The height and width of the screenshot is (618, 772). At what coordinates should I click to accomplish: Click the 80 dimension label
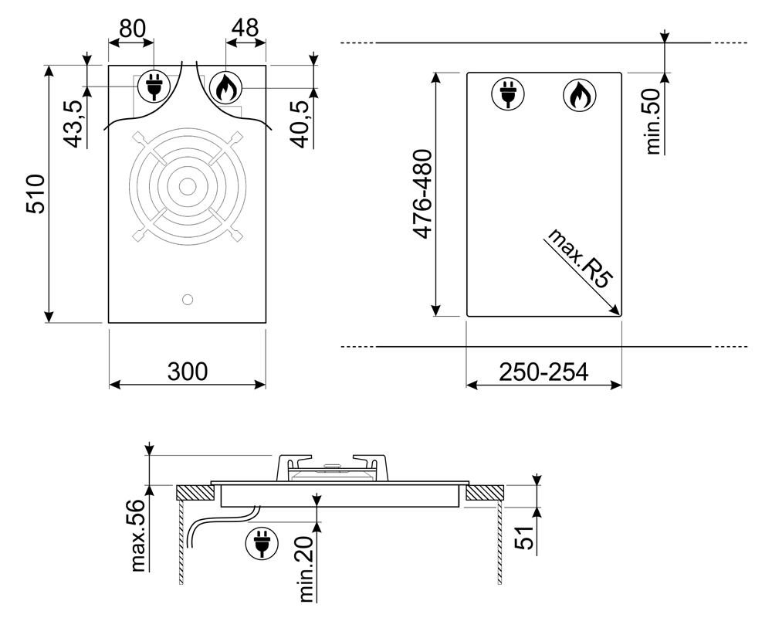tap(133, 29)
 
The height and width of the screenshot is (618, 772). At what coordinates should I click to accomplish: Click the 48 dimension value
tap(245, 28)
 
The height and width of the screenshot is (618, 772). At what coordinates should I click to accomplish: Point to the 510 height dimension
tap(36, 194)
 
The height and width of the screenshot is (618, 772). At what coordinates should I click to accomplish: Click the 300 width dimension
tap(188, 372)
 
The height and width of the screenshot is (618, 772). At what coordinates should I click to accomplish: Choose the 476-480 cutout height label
tap(422, 194)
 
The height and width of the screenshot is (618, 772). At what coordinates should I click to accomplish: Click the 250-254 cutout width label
tap(543, 372)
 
